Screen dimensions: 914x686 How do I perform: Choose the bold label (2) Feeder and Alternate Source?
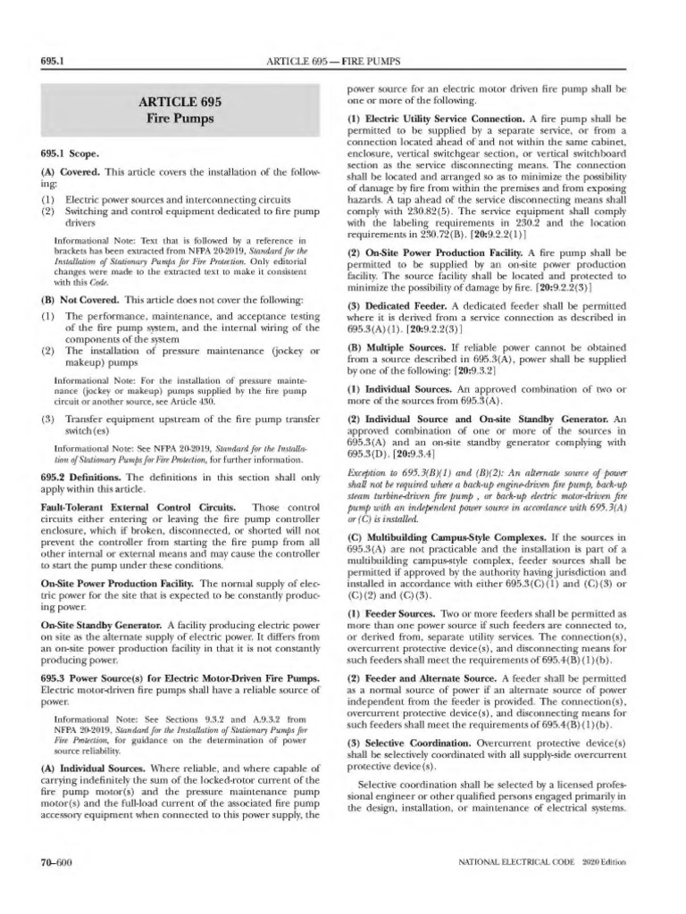coord(425,678)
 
